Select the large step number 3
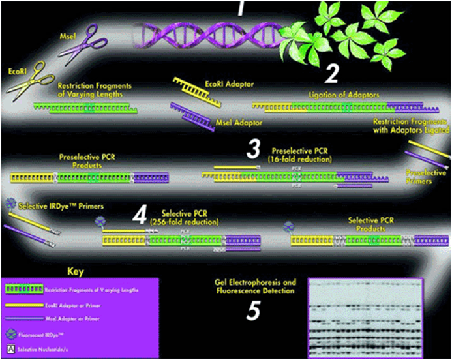[x=254, y=149]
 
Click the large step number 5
[x=255, y=312]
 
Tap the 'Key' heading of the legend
[x=76, y=271]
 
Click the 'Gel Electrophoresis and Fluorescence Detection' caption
[x=255, y=287]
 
